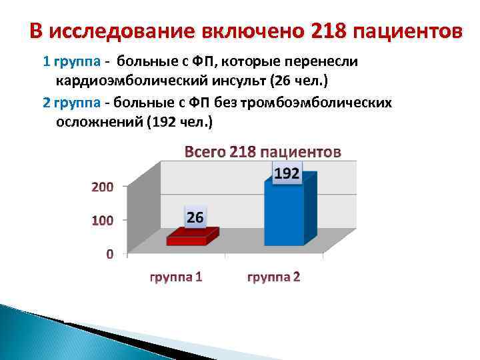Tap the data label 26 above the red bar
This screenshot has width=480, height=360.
pos(195,217)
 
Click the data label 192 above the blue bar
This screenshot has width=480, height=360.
pos(287,174)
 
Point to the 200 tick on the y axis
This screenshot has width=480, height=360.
pos(102,187)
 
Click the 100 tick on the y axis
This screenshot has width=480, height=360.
pos(102,220)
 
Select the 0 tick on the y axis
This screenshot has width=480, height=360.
pos(109,254)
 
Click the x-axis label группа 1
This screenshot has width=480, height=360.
pos(175,277)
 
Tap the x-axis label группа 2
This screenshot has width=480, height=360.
pos(273,277)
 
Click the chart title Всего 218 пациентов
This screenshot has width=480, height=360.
pos(262,152)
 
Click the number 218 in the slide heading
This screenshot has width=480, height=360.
pos(328,31)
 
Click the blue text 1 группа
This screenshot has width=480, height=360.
pos(71,62)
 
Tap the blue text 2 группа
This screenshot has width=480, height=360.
pos(71,103)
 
